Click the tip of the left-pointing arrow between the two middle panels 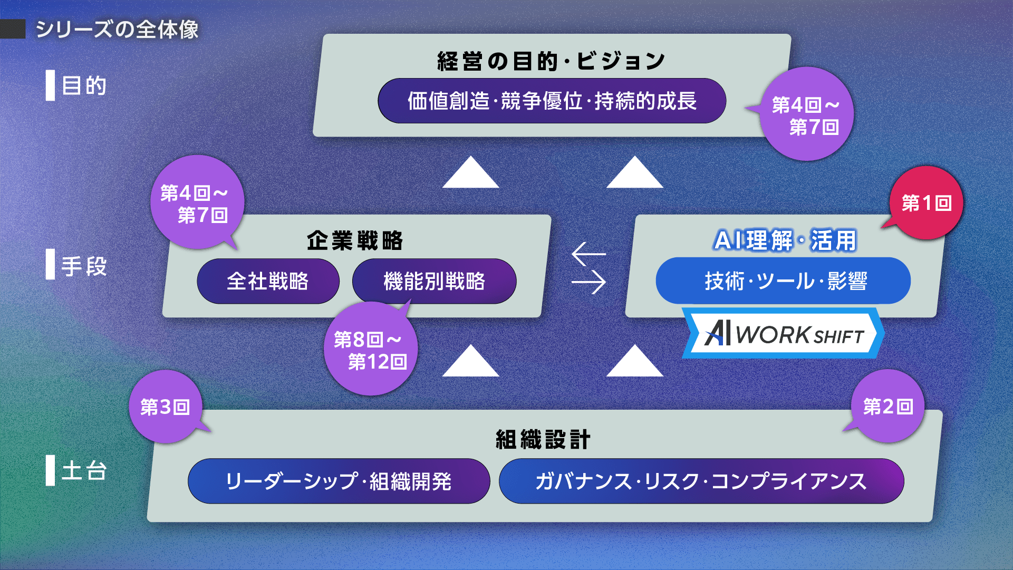coord(573,254)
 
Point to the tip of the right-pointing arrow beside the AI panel coord(605,282)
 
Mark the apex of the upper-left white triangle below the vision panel coord(471,157)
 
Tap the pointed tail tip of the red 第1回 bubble coord(881,228)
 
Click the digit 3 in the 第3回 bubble coord(165,407)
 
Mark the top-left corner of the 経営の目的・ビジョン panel coord(324,35)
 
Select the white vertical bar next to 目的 coord(50,85)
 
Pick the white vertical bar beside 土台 coord(50,470)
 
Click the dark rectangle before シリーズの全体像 coord(13,29)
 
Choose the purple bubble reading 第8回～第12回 coord(371,349)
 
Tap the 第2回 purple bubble coord(887,406)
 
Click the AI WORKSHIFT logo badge coord(783,333)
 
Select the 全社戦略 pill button coord(268,281)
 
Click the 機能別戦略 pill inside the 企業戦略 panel coord(434,281)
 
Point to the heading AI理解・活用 coord(785,240)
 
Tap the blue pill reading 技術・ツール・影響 coord(783,281)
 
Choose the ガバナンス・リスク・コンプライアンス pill coord(701,481)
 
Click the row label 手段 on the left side coord(84,266)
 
